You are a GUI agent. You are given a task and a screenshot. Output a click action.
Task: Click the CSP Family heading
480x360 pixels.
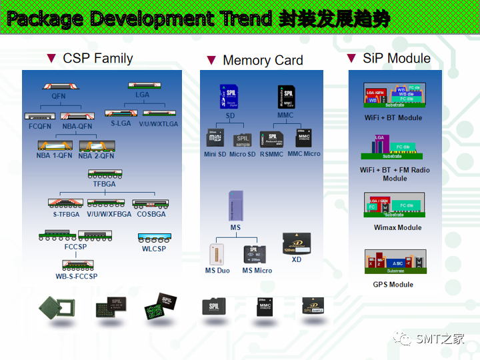(97, 58)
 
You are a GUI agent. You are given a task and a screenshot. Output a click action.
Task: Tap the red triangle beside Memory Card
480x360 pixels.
(211, 60)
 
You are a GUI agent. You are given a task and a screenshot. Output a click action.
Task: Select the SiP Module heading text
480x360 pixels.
(397, 58)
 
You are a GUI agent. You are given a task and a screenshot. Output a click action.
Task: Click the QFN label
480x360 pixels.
(59, 96)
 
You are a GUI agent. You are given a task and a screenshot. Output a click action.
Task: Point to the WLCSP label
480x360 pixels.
(154, 249)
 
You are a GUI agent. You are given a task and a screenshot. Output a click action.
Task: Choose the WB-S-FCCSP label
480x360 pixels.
(77, 276)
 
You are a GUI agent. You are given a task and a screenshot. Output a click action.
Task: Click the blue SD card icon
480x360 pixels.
(229, 97)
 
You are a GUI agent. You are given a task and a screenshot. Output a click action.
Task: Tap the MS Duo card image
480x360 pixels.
(217, 255)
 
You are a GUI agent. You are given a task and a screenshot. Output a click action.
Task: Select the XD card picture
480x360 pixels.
(296, 243)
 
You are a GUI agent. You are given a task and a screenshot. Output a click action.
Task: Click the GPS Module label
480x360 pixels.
(393, 285)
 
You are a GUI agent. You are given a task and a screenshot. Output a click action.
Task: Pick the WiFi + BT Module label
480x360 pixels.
(393, 118)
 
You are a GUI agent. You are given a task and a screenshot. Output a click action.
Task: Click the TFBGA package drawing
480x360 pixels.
(105, 175)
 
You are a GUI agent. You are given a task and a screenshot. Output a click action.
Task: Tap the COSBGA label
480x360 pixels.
(151, 214)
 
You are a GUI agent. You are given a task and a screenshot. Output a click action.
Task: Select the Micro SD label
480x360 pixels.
(243, 155)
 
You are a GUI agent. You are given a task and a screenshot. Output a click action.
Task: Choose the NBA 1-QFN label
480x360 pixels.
(54, 156)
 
